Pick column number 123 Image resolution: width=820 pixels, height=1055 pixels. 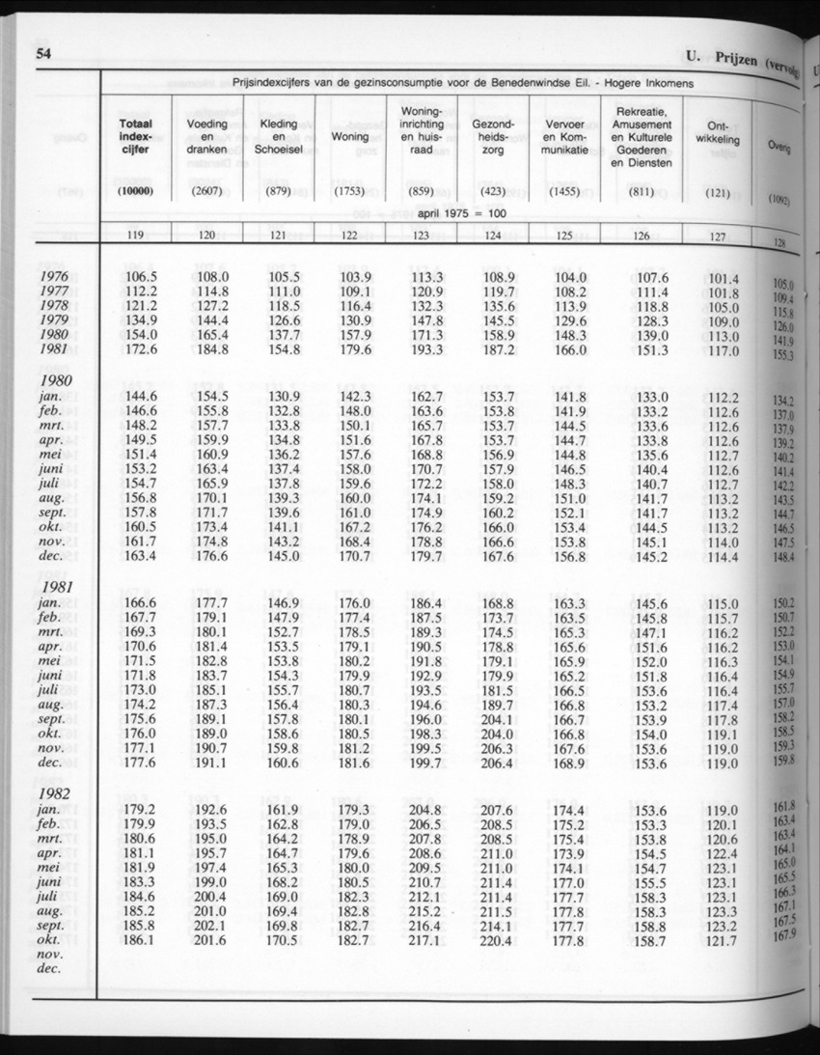421,235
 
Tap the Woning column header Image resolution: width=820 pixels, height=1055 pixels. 349,137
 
